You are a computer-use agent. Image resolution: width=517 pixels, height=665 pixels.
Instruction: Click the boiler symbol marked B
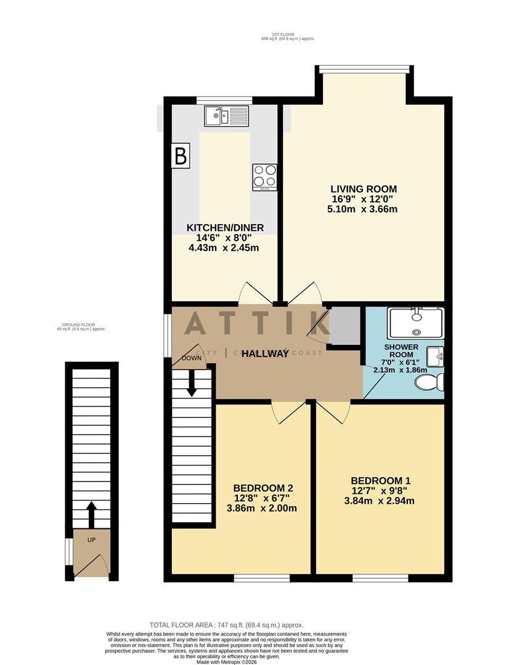click(181, 156)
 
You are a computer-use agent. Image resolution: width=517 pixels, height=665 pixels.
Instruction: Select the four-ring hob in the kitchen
click(264, 177)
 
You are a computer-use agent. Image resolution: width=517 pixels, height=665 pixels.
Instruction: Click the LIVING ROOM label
click(364, 189)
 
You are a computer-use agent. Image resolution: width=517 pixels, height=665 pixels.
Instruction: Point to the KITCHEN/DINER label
click(225, 228)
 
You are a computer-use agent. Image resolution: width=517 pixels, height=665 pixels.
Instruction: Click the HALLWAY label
click(265, 353)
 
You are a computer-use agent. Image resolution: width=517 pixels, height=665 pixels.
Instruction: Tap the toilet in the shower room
click(429, 383)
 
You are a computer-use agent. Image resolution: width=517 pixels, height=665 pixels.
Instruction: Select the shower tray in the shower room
click(415, 323)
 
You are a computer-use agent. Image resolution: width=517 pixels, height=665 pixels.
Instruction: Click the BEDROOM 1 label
click(380, 481)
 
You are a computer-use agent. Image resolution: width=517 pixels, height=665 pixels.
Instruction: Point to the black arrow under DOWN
click(192, 382)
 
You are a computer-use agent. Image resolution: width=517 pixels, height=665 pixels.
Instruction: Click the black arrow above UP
click(91, 514)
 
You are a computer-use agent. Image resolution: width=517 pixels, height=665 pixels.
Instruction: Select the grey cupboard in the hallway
click(345, 324)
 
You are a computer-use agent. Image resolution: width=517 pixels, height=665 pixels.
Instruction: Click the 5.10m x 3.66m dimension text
click(362, 209)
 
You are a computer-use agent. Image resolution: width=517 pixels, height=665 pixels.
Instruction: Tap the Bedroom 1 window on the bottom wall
click(380, 578)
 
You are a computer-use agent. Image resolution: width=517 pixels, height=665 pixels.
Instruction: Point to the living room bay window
click(364, 68)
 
